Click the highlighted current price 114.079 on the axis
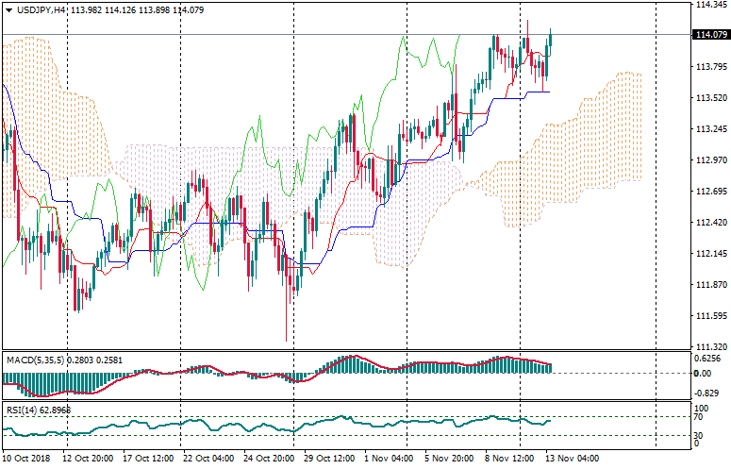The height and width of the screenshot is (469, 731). [709, 36]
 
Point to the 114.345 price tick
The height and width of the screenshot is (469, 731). [708, 5]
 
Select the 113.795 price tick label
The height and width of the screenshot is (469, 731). [708, 67]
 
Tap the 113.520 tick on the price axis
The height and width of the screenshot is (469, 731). [708, 98]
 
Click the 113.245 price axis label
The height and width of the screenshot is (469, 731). [708, 129]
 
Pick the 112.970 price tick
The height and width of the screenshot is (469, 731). [708, 160]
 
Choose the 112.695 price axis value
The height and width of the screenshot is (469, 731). [708, 192]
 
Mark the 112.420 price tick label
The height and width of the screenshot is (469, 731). [708, 223]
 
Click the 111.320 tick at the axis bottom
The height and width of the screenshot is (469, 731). [708, 347]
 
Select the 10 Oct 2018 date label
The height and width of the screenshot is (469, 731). [26, 458]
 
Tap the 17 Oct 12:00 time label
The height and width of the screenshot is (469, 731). [148, 458]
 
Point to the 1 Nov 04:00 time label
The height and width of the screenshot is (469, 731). [389, 458]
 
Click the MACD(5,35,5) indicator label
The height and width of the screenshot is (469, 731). [34, 360]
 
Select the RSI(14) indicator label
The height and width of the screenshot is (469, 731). [22, 410]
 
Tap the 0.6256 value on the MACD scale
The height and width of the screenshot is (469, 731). [708, 359]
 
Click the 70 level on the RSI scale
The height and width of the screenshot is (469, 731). [699, 415]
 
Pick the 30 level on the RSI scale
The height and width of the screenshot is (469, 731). [699, 435]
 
